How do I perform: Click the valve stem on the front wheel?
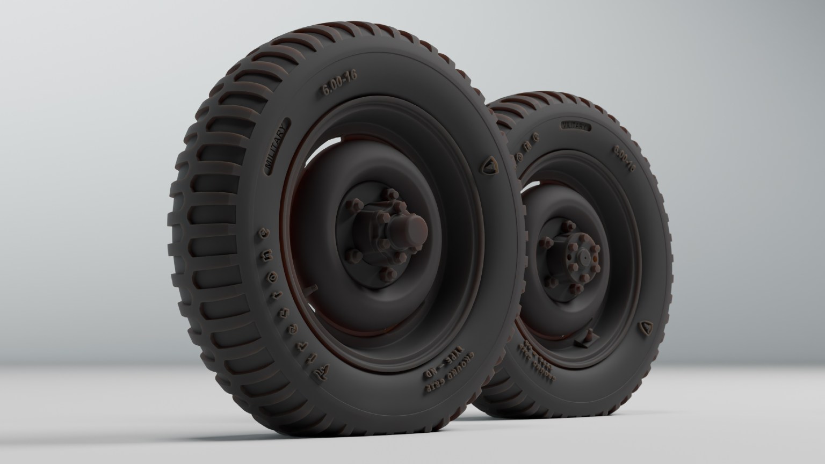[x=311, y=288]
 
